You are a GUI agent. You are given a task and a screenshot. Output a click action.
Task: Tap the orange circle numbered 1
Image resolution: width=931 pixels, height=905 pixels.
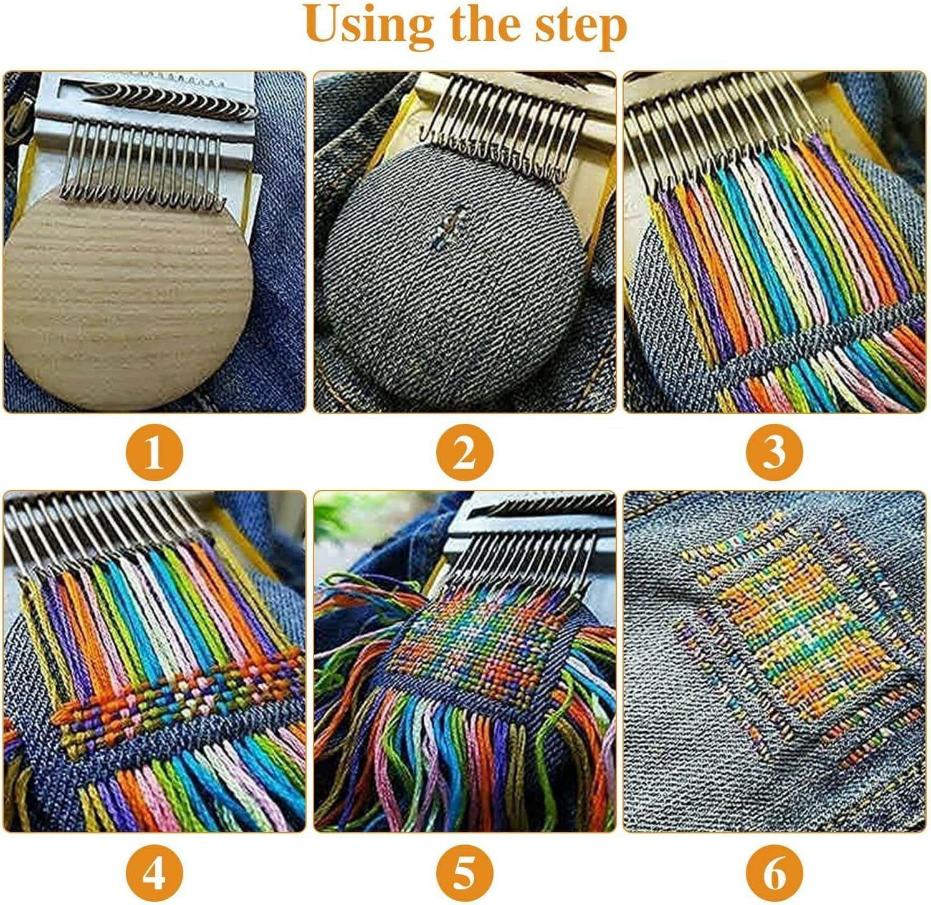pos(154,452)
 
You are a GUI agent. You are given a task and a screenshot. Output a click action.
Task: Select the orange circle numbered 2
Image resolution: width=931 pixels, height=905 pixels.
pos(464,452)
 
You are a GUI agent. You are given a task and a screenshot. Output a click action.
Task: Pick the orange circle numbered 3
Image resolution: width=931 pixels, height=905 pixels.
pos(775,452)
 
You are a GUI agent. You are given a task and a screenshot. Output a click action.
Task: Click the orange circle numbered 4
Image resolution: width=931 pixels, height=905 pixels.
pos(154,872)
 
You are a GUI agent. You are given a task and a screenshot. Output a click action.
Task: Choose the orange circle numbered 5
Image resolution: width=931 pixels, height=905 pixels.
pos(464,872)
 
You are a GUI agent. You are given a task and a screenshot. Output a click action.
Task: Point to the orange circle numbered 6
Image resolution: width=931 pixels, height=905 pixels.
pos(775,872)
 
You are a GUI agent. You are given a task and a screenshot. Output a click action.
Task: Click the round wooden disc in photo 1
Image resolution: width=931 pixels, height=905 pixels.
pos(125,299)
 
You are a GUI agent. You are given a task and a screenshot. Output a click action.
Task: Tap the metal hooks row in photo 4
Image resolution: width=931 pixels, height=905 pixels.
pos(100,524)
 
